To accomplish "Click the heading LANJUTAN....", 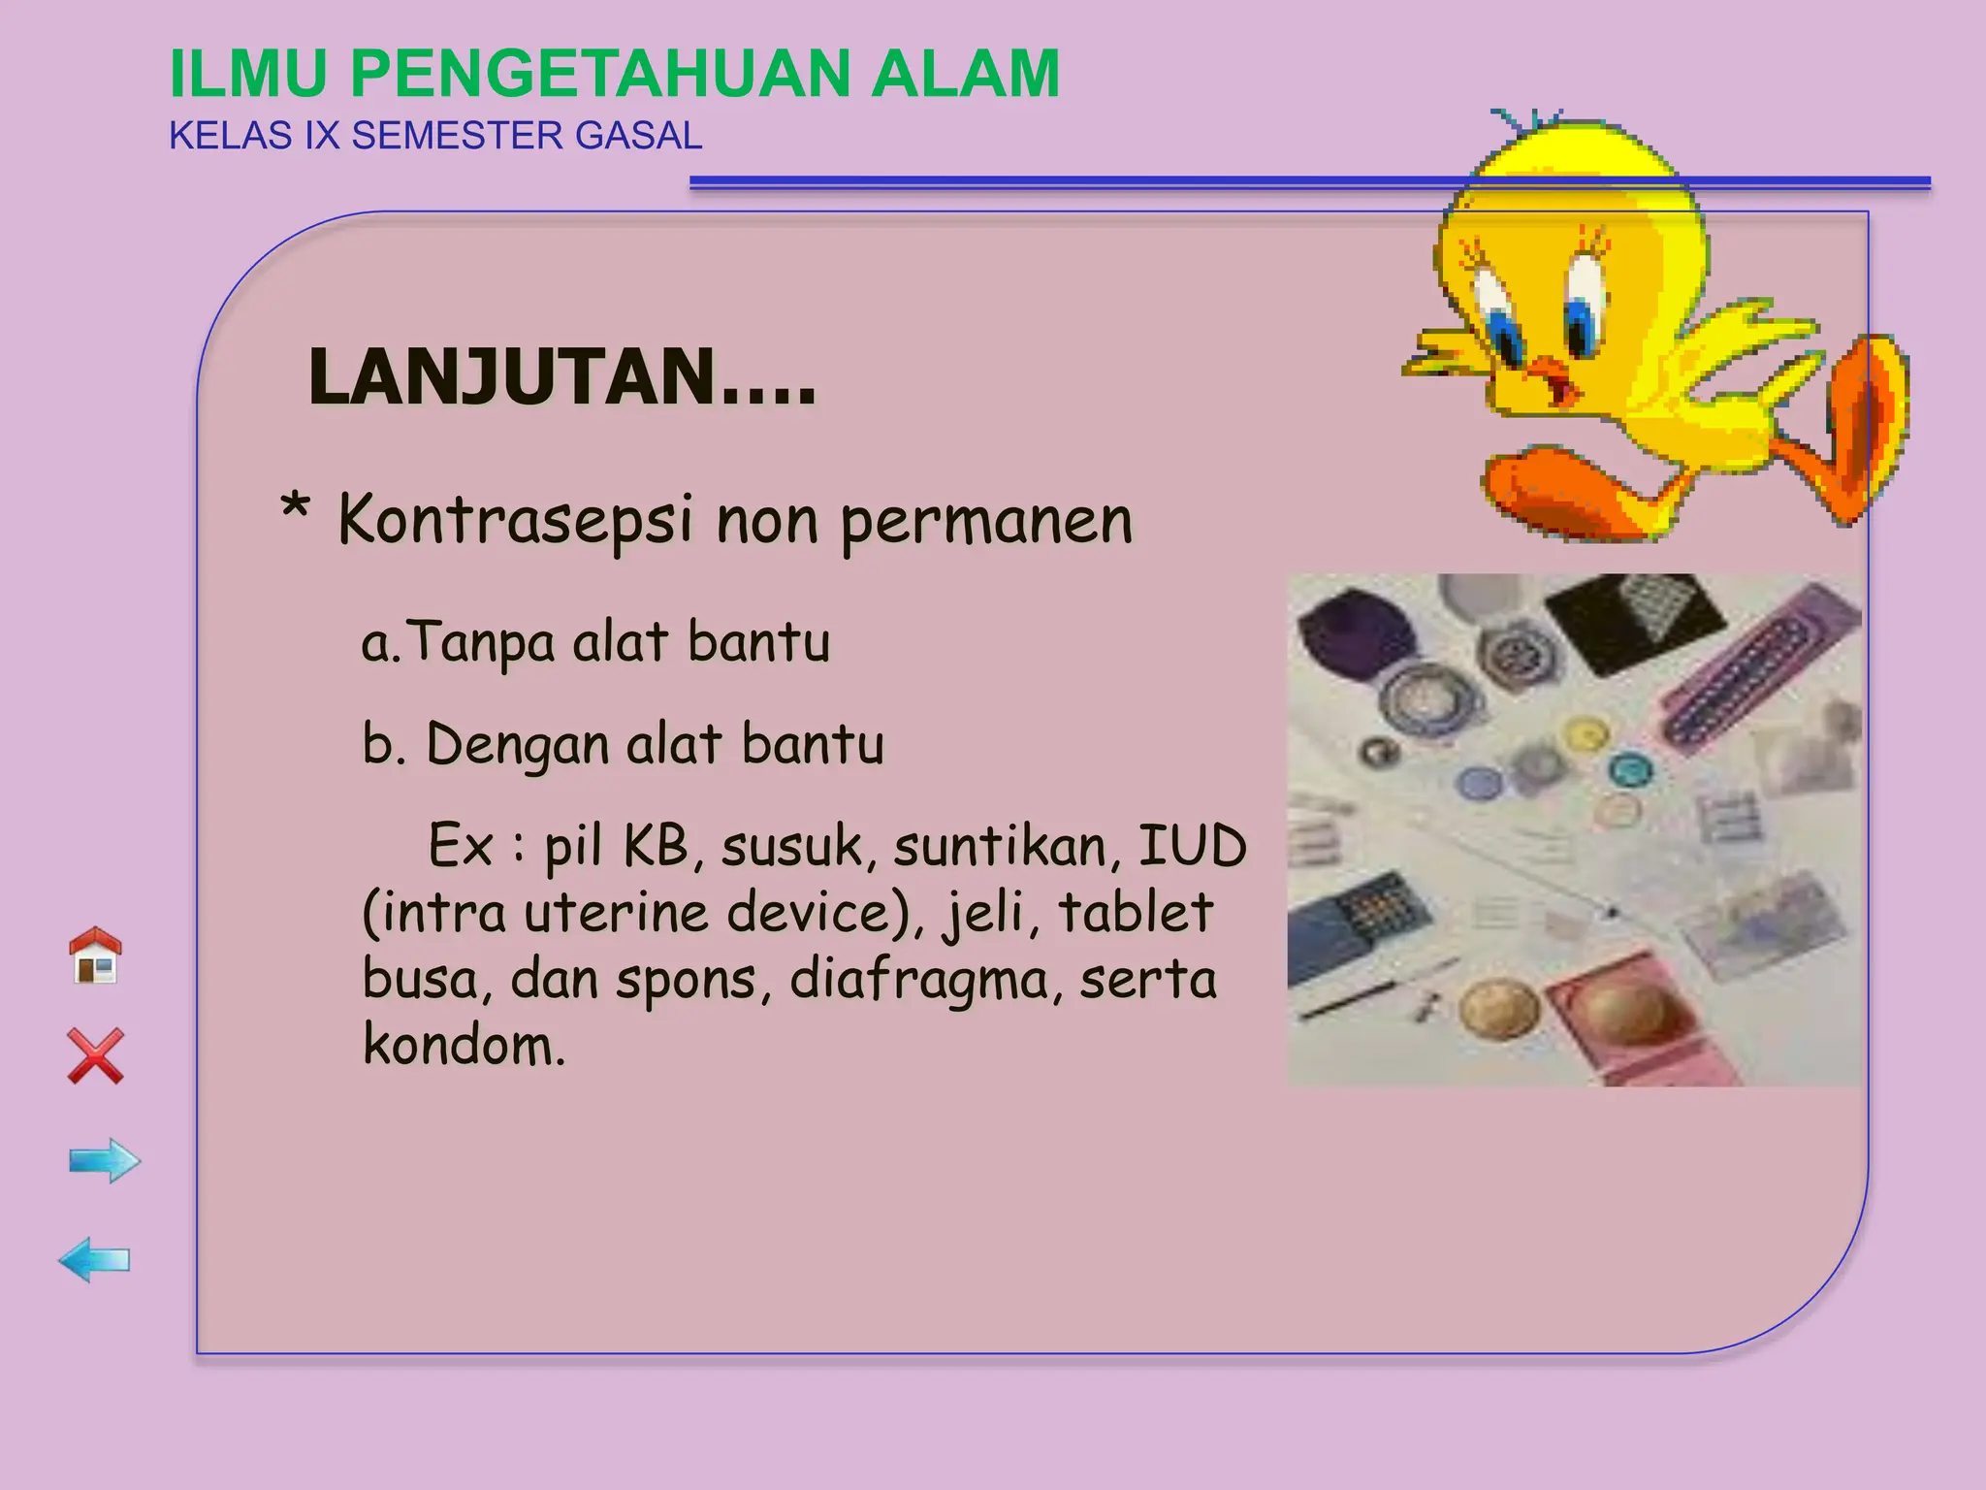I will tap(561, 377).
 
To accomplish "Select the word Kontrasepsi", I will tap(515, 521).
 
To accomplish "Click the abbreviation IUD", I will tap(1192, 846).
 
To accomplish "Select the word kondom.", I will tap(463, 1046).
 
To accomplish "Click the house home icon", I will tap(95, 956).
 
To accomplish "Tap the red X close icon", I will tap(96, 1055).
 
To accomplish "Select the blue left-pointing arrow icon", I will tap(94, 1260).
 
